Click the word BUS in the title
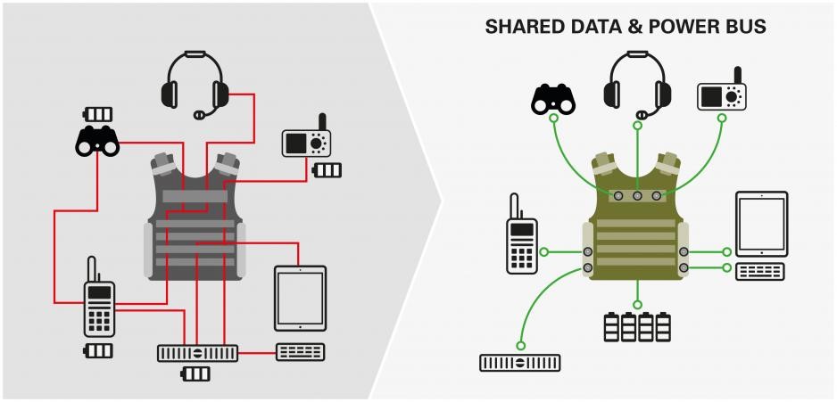coord(746,28)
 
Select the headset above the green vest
coord(637,82)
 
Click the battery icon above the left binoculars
coord(98,114)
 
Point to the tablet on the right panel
coord(760,224)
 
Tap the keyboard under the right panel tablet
coord(760,271)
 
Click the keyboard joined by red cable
coord(300,352)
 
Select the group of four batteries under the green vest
coord(636,326)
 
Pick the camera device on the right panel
coord(722,94)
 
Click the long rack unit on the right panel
coord(520,362)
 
